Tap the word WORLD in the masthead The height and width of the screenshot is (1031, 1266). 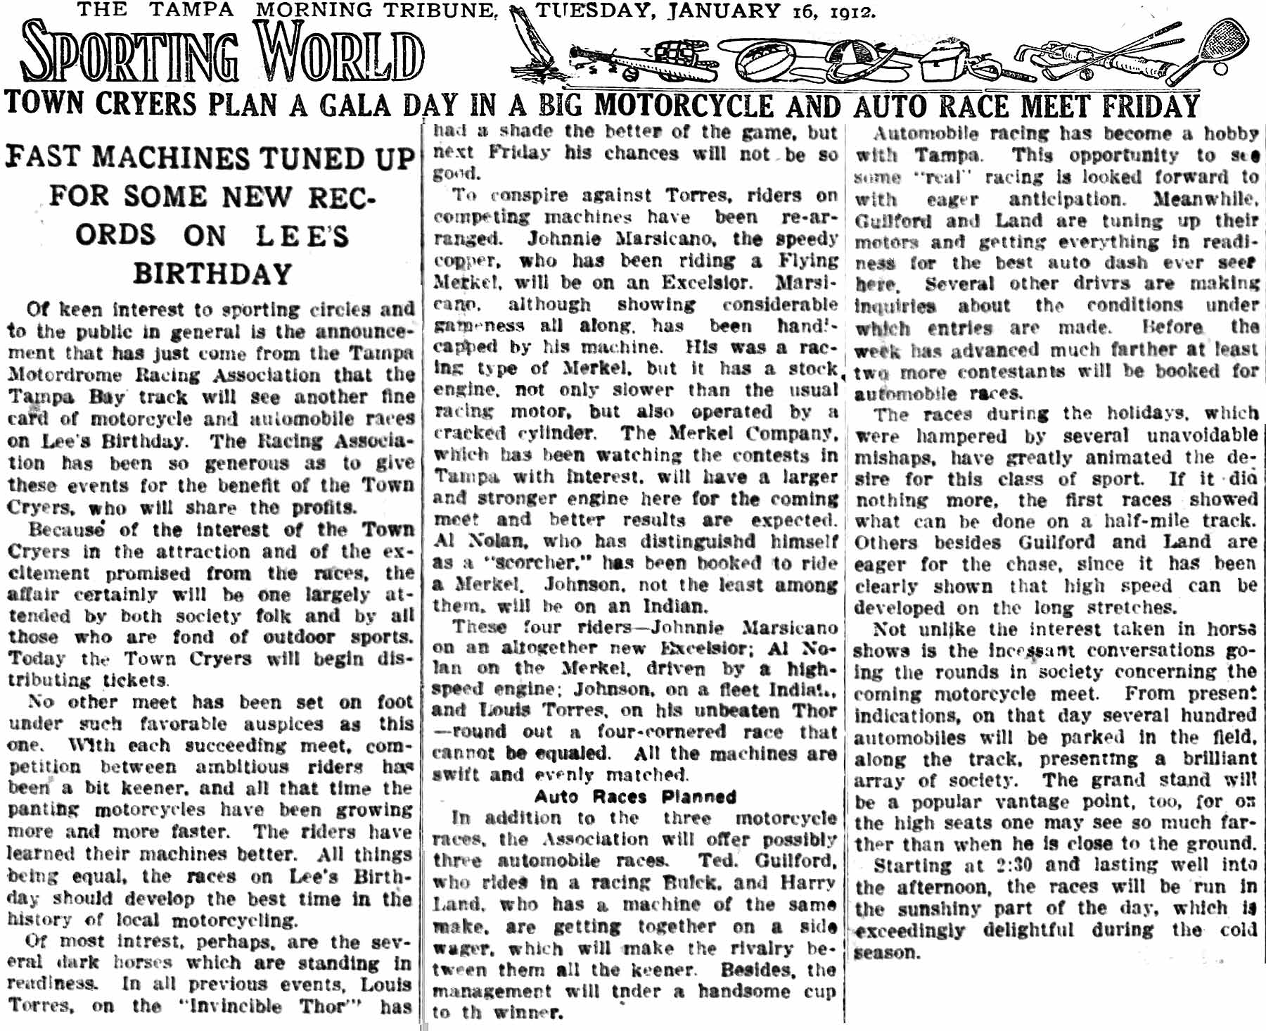[x=340, y=53]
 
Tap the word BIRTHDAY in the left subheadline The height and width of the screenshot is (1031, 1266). [x=212, y=273]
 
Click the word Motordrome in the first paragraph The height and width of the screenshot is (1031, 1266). [x=64, y=375]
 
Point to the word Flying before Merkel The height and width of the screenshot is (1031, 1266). [x=808, y=260]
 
